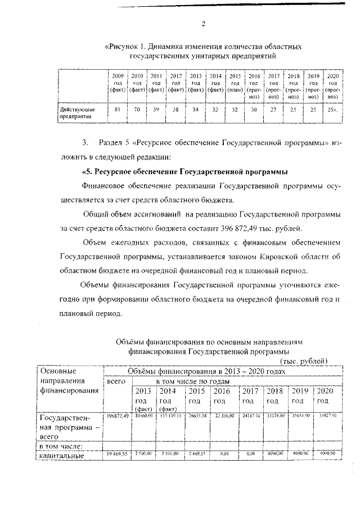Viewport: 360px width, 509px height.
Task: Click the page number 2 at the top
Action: (x=203, y=24)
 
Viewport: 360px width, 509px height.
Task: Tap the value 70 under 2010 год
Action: (x=137, y=109)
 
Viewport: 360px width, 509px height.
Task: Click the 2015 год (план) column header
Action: (x=235, y=82)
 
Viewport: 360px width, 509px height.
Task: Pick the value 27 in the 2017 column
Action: (x=274, y=109)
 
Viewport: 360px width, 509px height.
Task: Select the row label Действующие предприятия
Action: (x=77, y=113)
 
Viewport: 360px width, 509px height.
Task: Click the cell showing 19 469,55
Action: (x=117, y=453)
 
